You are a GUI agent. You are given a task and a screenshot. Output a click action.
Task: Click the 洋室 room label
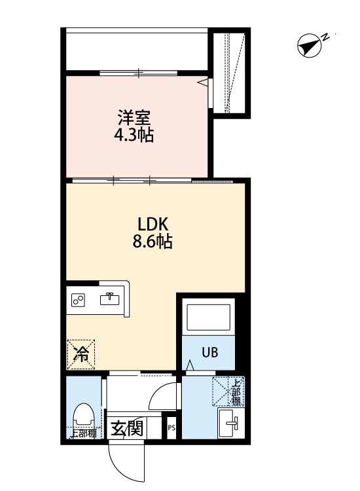[x=135, y=119]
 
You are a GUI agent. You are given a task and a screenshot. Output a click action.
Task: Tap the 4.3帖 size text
[x=135, y=136]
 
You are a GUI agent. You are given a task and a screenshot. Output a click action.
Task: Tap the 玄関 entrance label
[x=127, y=430]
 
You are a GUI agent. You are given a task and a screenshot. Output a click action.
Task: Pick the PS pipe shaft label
[x=171, y=429]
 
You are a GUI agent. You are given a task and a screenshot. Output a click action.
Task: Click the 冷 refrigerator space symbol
[x=82, y=354]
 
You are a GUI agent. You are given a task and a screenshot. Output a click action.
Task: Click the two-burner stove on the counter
[x=79, y=300]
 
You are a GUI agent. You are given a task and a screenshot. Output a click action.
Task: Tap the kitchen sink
[x=109, y=299]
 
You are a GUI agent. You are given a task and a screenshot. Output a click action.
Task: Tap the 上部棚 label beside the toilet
[x=83, y=433]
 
